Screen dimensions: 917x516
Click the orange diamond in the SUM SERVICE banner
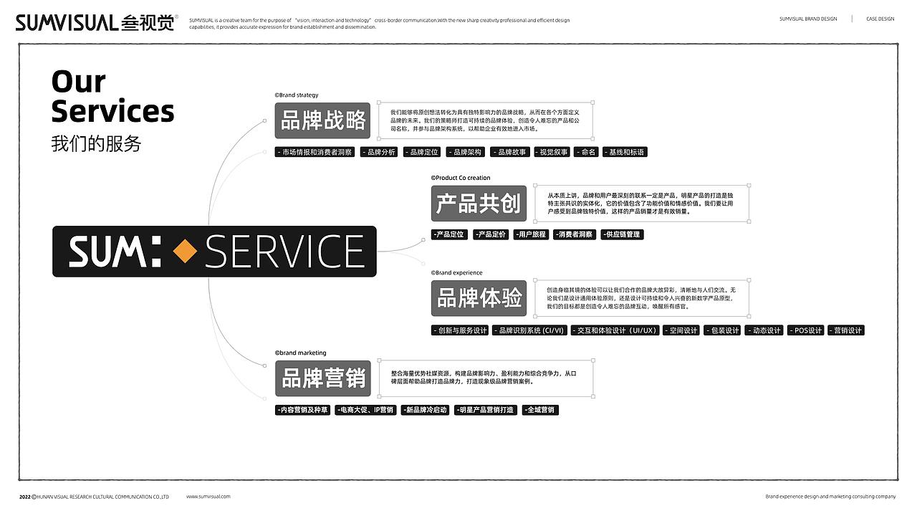(186, 251)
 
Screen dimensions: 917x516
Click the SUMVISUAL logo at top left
(95, 23)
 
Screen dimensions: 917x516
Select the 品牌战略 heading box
(323, 120)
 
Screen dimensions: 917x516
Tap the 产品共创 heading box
(479, 204)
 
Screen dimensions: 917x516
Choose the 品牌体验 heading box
(479, 298)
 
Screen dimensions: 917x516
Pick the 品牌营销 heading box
(323, 378)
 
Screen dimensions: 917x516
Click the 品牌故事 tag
(511, 152)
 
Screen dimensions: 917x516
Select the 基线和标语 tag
(625, 152)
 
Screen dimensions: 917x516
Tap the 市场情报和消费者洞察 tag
(315, 152)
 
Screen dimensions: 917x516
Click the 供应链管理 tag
(622, 234)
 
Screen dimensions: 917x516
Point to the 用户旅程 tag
(531, 234)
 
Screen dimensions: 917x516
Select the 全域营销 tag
(540, 410)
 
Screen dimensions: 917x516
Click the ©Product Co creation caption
(461, 178)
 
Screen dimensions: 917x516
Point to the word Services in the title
(112, 112)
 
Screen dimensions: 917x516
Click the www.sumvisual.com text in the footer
(208, 496)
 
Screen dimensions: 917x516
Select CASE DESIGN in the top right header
(880, 19)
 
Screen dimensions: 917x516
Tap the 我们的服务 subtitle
(96, 143)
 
